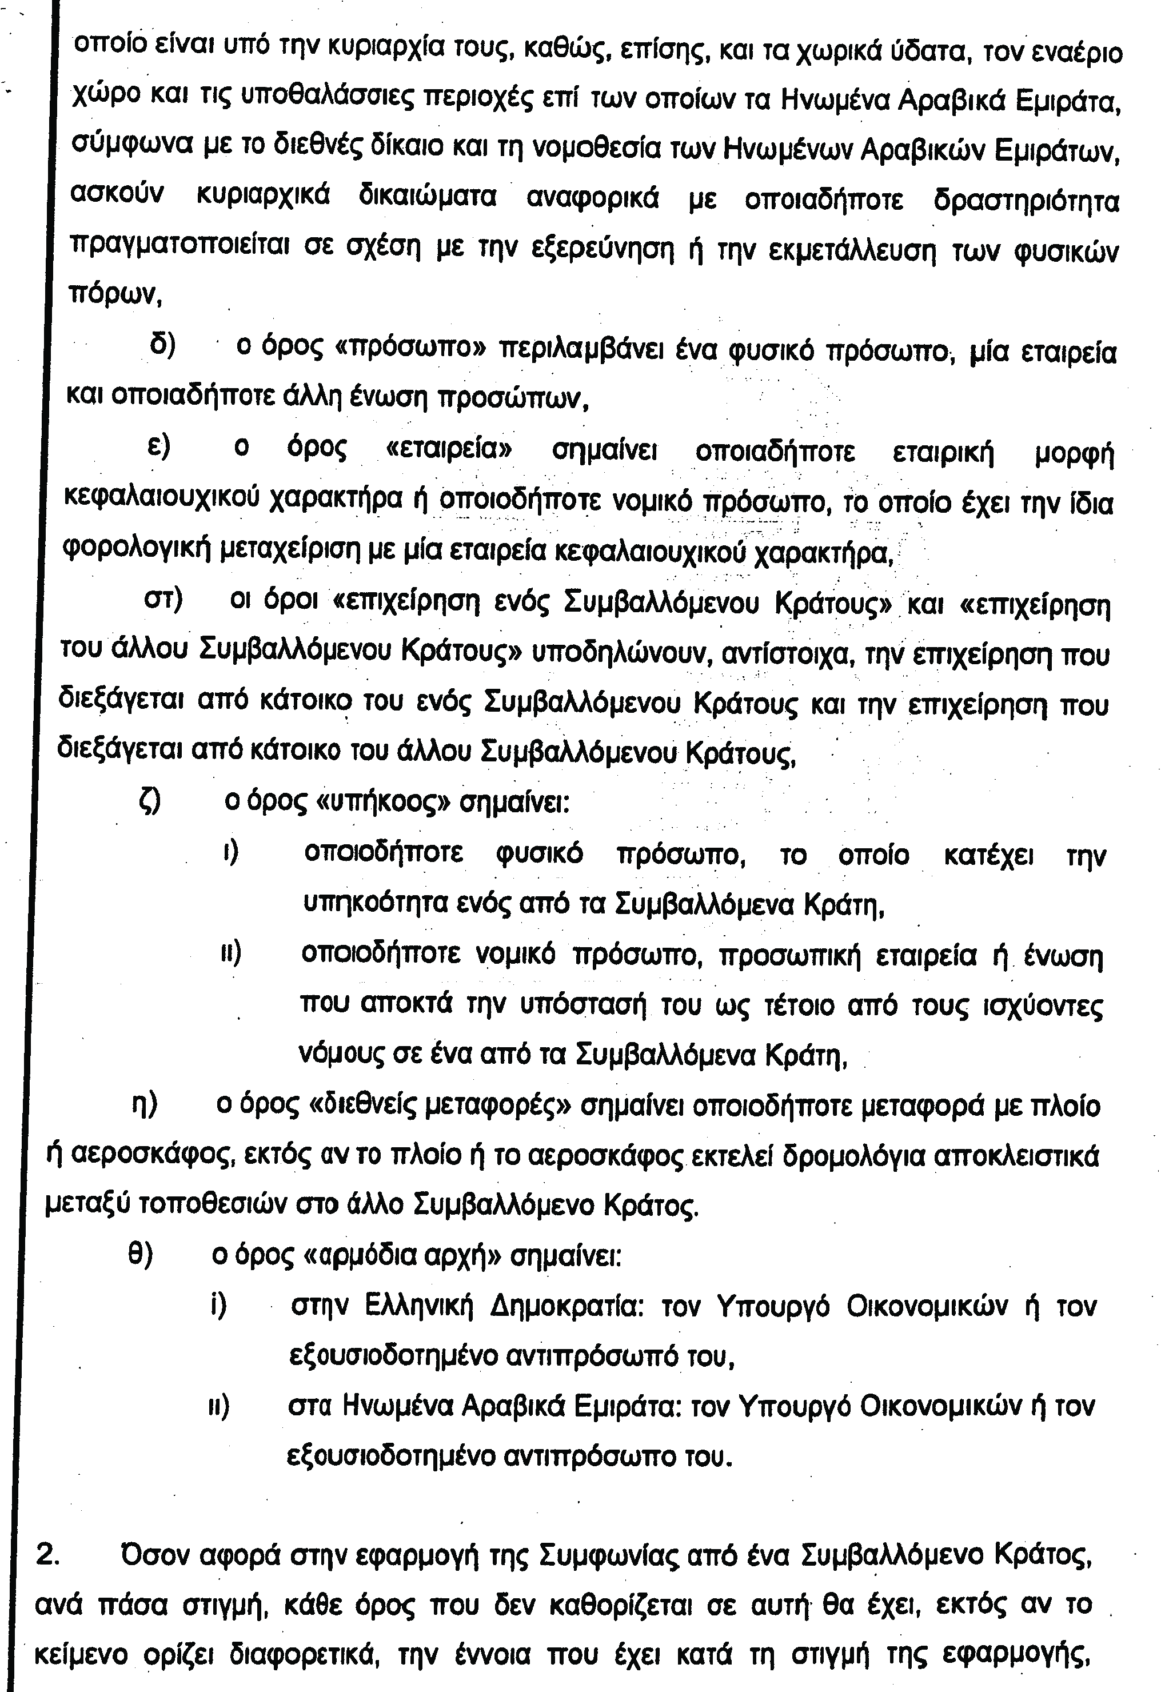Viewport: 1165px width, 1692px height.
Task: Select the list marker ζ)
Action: point(150,802)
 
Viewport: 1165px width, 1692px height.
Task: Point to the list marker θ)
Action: point(140,1255)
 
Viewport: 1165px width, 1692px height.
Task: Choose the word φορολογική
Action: point(138,553)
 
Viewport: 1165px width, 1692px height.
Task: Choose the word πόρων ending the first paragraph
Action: point(113,296)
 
